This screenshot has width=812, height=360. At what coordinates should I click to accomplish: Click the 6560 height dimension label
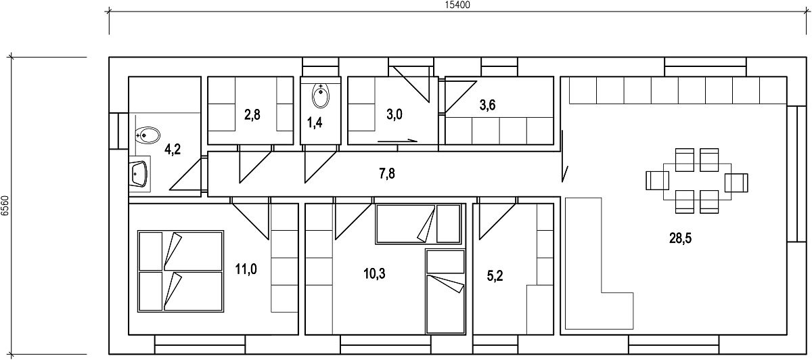5,206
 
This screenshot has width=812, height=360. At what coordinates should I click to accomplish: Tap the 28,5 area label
681,238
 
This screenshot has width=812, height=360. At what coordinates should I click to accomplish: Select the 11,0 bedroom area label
246,269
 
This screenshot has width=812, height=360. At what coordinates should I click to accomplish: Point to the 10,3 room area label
374,273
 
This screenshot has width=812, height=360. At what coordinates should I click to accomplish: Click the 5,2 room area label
495,276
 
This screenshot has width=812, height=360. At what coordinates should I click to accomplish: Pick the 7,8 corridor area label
387,174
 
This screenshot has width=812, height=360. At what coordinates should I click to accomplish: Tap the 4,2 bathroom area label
173,149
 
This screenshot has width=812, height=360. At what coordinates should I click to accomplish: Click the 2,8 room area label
252,115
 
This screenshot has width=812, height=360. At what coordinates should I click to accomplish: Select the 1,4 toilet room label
315,123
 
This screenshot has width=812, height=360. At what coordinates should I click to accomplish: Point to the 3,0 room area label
394,114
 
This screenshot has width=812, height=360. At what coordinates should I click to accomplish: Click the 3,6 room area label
488,105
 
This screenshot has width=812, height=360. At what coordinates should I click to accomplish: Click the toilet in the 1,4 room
321,95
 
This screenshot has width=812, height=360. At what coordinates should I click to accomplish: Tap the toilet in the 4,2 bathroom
148,135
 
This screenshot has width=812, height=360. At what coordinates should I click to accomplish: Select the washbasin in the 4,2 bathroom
139,174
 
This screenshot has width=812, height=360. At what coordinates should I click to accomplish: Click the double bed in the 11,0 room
181,271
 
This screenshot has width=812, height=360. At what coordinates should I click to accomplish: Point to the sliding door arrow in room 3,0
397,141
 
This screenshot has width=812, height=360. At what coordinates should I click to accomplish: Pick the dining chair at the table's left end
657,181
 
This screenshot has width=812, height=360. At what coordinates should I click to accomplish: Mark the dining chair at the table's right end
736,183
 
